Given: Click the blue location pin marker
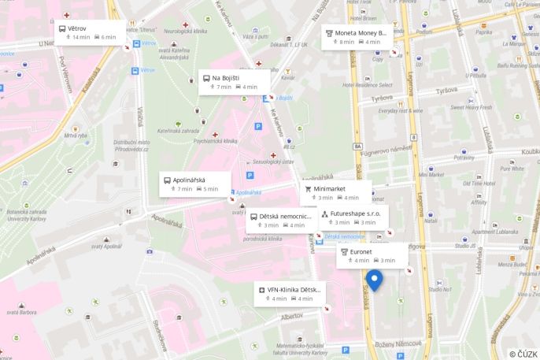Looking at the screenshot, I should (374, 279).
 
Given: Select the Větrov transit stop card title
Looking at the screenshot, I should (77, 28).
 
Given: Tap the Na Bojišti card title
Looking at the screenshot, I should (225, 78).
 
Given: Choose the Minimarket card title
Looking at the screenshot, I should (330, 189).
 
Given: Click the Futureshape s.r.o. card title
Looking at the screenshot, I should (355, 213).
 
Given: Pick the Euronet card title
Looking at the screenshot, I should (361, 251).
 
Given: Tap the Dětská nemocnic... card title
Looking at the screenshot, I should (286, 216).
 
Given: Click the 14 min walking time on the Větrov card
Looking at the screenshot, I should (81, 37).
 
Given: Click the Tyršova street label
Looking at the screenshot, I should (382, 98).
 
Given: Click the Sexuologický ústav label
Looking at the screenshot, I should (277, 161).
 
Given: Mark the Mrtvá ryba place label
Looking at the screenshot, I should (76, 135).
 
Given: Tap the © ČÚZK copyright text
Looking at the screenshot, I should (523, 354).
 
